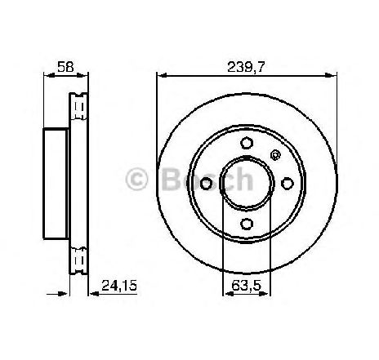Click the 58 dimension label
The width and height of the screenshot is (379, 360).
pyautogui.click(x=65, y=67)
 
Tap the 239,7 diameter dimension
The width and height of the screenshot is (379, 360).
pyautogui.click(x=246, y=67)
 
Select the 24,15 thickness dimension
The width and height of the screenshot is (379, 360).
pyautogui.click(x=118, y=286)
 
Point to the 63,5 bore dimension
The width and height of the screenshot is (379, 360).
pyautogui.click(x=247, y=286)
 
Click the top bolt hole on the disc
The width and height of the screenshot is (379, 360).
pyautogui.click(x=247, y=143)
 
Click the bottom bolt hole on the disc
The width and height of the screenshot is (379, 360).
pyautogui.click(x=247, y=224)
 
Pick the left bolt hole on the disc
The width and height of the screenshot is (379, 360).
pyautogui.click(x=206, y=184)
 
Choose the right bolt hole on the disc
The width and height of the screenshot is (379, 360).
pyautogui.click(x=288, y=184)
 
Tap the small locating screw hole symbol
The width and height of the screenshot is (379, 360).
pyautogui.click(x=275, y=155)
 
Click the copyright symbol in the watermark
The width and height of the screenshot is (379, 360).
pyautogui.click(x=136, y=179)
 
